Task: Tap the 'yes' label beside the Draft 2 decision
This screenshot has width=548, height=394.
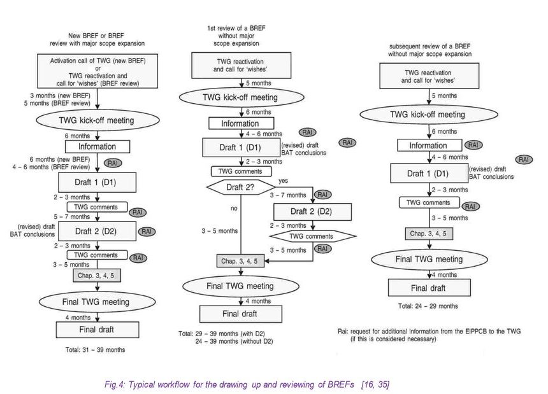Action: click(283, 181)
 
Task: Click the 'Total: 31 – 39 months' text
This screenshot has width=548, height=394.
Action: click(95, 350)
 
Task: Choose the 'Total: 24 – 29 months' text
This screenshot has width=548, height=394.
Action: click(428, 306)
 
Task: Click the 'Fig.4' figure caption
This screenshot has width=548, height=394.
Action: click(247, 385)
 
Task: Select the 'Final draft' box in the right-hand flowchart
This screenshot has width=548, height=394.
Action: click(429, 288)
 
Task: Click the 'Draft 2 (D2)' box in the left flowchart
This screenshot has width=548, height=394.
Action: click(97, 231)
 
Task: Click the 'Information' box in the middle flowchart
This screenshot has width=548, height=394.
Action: click(240, 123)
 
